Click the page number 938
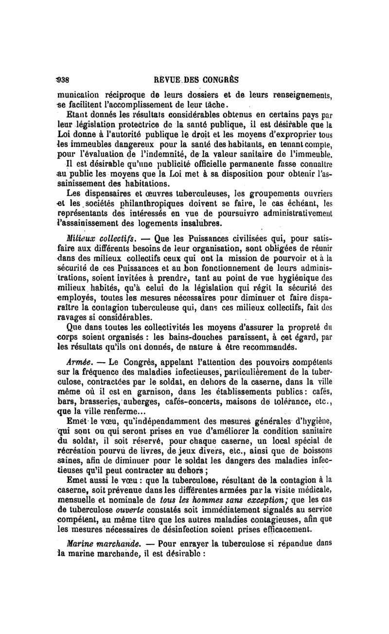[x=64, y=80]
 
